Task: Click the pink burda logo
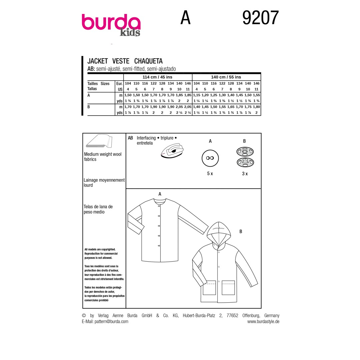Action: point(111,22)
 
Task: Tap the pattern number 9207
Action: point(261,18)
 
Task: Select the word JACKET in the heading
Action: point(98,61)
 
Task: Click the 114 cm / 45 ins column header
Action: point(157,77)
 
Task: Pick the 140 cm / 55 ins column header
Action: point(226,77)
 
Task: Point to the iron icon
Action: point(172,151)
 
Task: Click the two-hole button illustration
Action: point(210,158)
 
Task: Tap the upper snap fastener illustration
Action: point(245,152)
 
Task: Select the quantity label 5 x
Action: point(210,174)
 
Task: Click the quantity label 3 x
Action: point(245,174)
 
